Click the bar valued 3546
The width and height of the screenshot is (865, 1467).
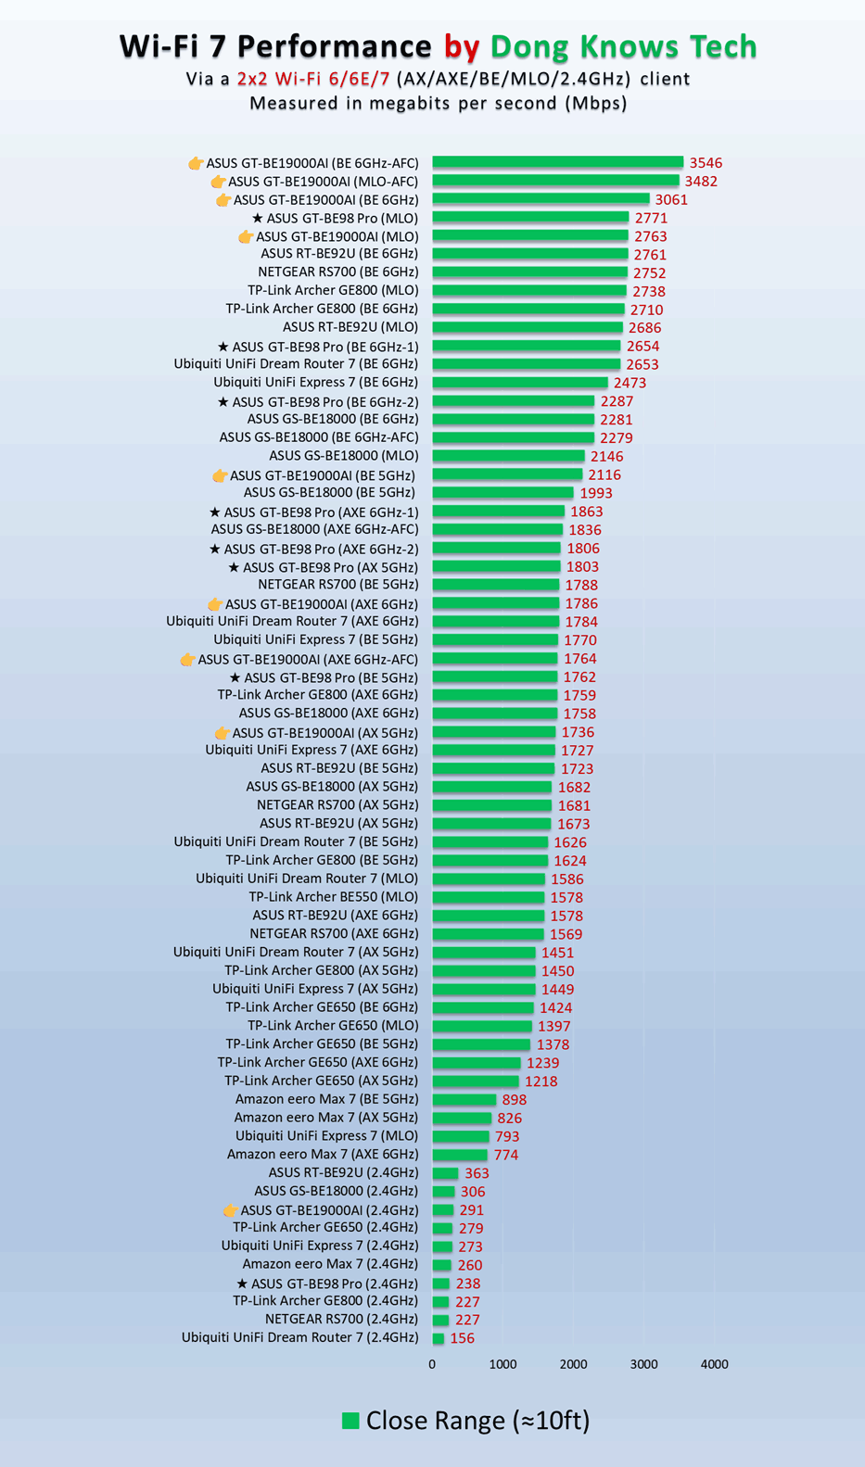557,162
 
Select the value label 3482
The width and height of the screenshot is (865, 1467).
701,182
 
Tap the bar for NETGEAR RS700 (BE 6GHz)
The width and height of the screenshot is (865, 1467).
529,272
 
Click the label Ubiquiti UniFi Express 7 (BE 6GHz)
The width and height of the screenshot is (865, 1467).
315,382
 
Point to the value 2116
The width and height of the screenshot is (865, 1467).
604,474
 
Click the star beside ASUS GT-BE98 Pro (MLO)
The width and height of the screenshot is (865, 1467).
258,219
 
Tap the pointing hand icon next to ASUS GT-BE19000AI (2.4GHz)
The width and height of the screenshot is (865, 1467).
230,1210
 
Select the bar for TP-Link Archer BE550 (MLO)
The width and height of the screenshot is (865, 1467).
488,897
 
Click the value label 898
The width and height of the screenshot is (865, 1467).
515,1100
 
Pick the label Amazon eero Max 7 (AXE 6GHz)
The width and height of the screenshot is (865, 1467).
322,1154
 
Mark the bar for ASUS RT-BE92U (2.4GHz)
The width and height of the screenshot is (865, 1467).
445,1173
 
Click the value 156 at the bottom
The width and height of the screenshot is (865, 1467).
462,1338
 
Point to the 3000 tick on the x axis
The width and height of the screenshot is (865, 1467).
643,1364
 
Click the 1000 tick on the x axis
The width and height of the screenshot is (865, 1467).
502,1364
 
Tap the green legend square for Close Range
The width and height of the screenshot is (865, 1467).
350,1421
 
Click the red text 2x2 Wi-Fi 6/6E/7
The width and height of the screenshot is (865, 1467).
313,79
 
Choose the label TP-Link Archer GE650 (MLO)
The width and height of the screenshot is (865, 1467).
333,1025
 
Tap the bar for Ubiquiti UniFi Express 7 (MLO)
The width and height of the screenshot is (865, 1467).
460,1136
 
